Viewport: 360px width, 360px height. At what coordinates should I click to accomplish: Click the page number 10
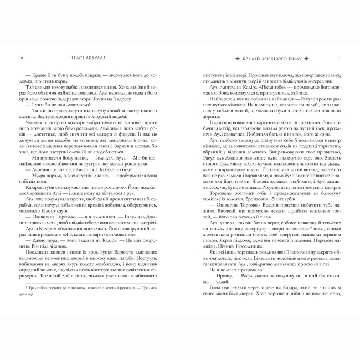(20, 58)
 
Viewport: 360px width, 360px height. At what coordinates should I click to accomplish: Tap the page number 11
(338, 58)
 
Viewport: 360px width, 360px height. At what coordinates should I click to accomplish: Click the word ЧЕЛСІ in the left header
(78, 58)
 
